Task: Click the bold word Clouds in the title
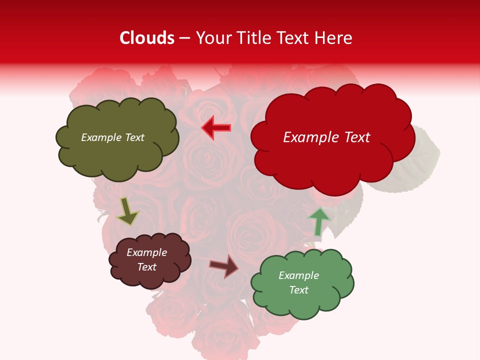pyautogui.click(x=147, y=38)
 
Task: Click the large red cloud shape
pyautogui.click(x=332, y=160)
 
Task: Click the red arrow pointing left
pyautogui.click(x=216, y=128)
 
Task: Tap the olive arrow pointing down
pyautogui.click(x=127, y=211)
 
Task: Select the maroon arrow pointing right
pyautogui.click(x=224, y=266)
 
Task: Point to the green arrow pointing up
pyautogui.click(x=319, y=221)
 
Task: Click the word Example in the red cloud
pyautogui.click(x=307, y=137)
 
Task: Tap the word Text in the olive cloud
pyautogui.click(x=133, y=137)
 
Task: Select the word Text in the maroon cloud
pyautogui.click(x=147, y=267)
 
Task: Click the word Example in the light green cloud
pyautogui.click(x=298, y=275)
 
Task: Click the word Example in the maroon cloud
pyautogui.click(x=147, y=252)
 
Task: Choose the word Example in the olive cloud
pyautogui.click(x=100, y=137)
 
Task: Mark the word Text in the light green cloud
pyautogui.click(x=298, y=290)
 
